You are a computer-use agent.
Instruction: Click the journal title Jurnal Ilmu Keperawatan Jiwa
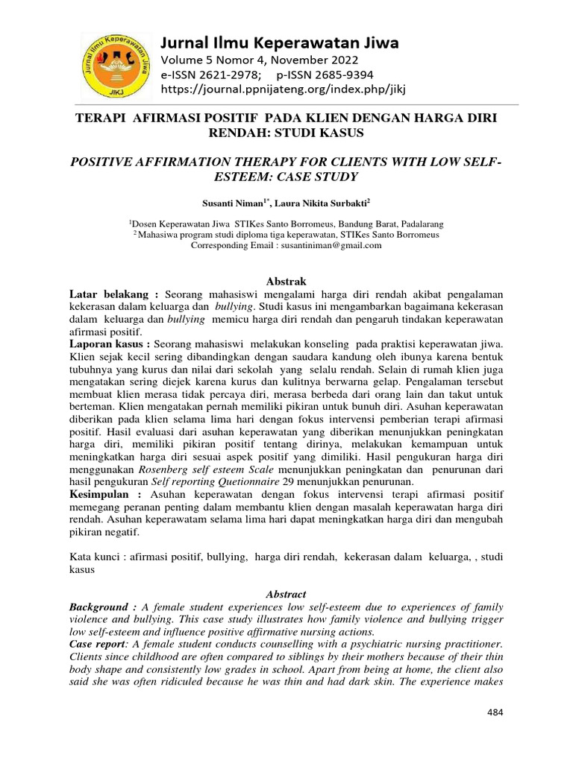[281, 42]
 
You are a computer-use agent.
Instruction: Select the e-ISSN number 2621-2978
[223, 75]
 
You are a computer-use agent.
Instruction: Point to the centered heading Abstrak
[286, 280]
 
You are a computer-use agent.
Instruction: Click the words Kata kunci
[95, 557]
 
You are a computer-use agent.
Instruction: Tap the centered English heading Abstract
[286, 595]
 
